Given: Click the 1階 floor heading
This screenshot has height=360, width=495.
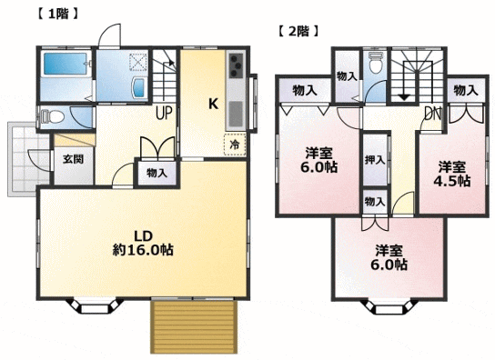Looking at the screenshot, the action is pyautogui.click(x=57, y=15).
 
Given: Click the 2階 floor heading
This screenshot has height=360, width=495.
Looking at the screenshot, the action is pyautogui.click(x=298, y=31).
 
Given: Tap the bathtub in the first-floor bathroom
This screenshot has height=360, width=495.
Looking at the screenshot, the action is pyautogui.click(x=65, y=64).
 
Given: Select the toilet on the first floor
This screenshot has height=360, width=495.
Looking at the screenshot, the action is pyautogui.click(x=52, y=116).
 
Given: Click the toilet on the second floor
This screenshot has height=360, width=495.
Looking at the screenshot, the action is pyautogui.click(x=376, y=63).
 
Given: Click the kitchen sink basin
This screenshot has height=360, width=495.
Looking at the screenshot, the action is pyautogui.click(x=235, y=114).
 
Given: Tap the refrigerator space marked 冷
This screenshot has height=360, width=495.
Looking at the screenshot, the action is pyautogui.click(x=235, y=145).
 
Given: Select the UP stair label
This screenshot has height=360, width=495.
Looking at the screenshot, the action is pyautogui.click(x=164, y=113).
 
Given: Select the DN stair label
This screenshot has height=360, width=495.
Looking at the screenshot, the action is pyautogui.click(x=432, y=114).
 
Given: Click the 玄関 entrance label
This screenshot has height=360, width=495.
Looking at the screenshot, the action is pyautogui.click(x=73, y=159).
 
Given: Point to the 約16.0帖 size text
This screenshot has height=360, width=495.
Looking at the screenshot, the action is pyautogui.click(x=144, y=250).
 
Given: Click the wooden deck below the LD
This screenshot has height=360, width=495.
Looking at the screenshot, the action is pyautogui.click(x=194, y=326).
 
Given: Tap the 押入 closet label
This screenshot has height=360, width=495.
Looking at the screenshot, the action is pyautogui.click(x=375, y=160).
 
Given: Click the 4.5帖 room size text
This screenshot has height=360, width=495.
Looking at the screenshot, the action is pyautogui.click(x=452, y=181).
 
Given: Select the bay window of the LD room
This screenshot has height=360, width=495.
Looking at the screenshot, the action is pyautogui.click(x=95, y=306).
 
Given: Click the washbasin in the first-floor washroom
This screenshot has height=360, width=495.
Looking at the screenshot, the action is pyautogui.click(x=139, y=87).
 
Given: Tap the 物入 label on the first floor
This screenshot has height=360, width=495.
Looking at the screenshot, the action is pyautogui.click(x=157, y=173).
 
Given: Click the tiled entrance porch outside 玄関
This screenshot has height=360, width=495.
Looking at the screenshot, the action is pyautogui.click(x=28, y=159).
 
